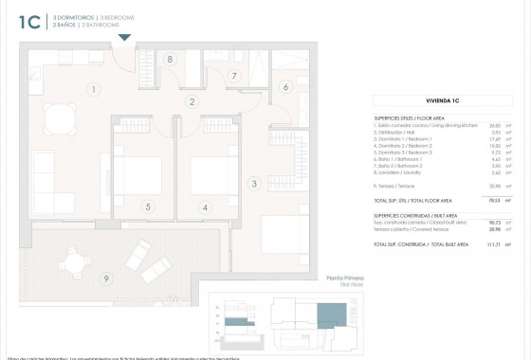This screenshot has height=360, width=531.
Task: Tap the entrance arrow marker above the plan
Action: tap(123, 39)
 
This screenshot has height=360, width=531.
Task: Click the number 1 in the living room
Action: tap(93, 90)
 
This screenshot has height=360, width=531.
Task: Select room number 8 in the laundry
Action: tap(170, 59)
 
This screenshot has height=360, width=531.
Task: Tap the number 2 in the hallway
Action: tap(192, 102)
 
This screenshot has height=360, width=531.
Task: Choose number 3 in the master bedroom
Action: tap(254, 184)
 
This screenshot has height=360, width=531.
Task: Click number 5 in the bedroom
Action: tap(147, 207)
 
